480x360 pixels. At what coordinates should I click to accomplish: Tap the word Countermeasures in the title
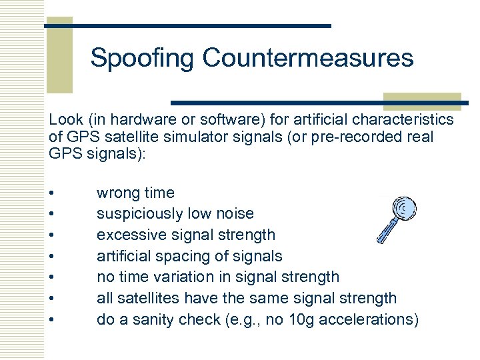pyautogui.click(x=308, y=58)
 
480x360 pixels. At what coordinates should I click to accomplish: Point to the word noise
pyautogui.click(x=233, y=214)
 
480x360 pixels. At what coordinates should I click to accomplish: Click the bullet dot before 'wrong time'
pyautogui.click(x=51, y=194)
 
